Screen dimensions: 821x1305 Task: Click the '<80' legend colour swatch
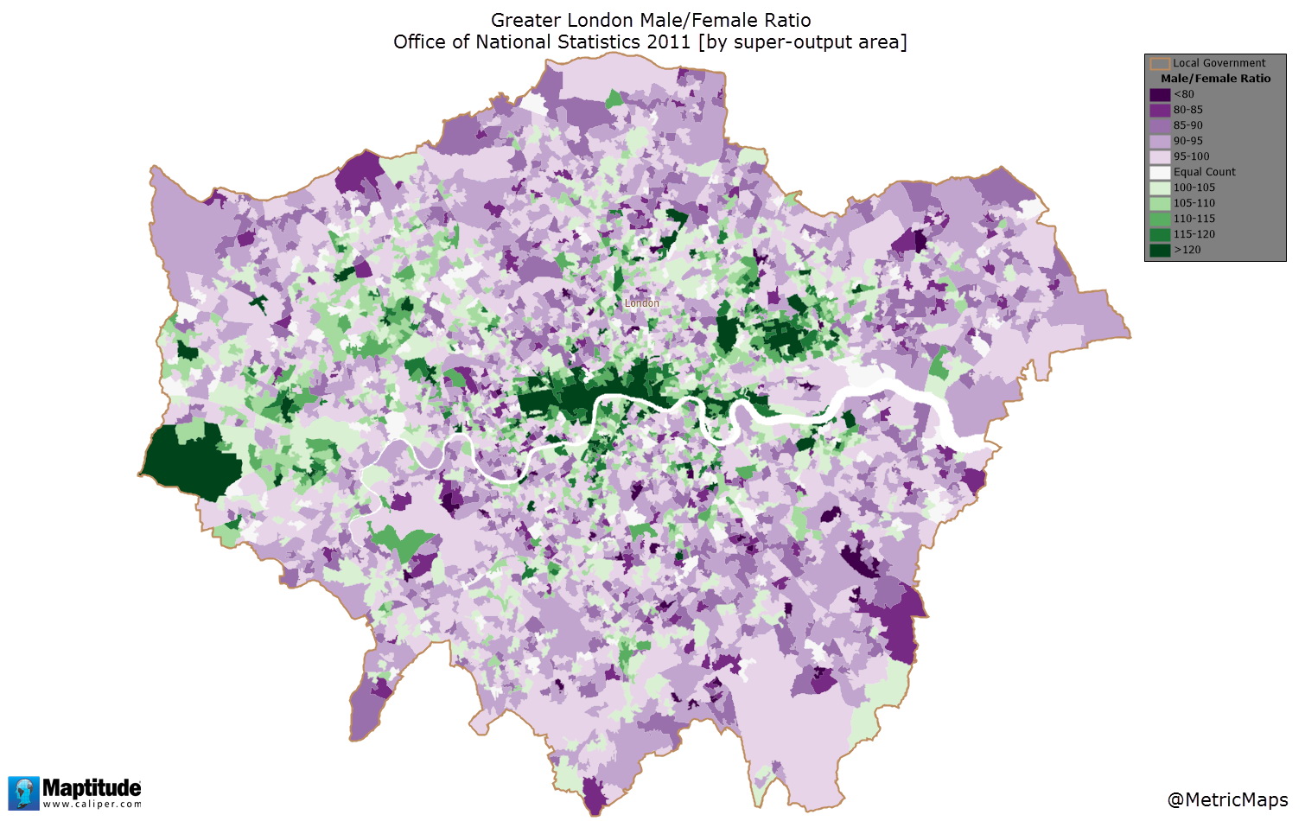click(1160, 94)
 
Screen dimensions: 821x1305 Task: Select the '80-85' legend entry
click(1187, 110)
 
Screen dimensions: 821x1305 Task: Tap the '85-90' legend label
click(1187, 125)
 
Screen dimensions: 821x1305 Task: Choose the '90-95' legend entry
click(1187, 141)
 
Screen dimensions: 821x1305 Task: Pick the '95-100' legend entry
click(1191, 156)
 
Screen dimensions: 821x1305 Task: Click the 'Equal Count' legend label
click(1204, 172)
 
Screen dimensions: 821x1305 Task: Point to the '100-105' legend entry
click(1194, 188)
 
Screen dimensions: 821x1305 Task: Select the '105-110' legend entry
click(1194, 203)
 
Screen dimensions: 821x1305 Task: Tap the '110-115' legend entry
click(1194, 219)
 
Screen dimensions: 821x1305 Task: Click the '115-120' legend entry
click(1194, 234)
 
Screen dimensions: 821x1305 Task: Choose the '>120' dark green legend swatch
click(1160, 250)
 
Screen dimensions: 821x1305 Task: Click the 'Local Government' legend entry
click(1218, 63)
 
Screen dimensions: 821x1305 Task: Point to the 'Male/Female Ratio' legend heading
click(1215, 79)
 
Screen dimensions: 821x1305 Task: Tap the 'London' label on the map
click(642, 303)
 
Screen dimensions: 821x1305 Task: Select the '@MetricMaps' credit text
click(1227, 799)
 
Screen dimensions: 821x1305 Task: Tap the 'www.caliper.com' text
click(92, 805)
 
